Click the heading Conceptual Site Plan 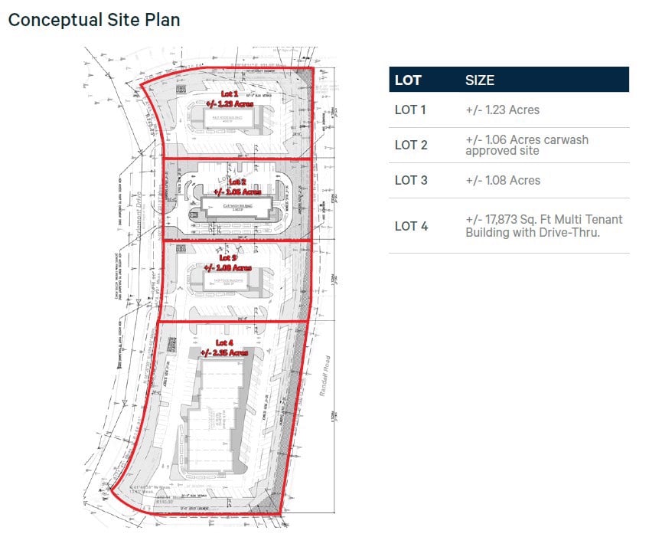94,20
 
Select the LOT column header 408,80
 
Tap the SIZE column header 480,80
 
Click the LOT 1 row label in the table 410,110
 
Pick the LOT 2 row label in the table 411,145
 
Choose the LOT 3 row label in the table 411,180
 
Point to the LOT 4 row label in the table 411,225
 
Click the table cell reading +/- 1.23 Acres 502,110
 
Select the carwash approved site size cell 527,145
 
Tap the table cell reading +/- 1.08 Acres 503,180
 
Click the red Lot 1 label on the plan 230,98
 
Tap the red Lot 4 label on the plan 224,347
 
